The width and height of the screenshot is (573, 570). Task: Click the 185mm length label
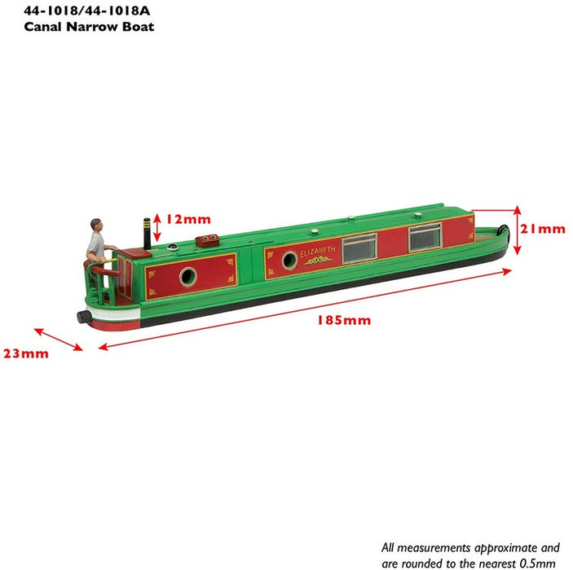coord(343,320)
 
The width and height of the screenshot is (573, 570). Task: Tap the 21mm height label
coord(542,229)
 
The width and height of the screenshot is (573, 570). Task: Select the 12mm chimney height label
coord(187,218)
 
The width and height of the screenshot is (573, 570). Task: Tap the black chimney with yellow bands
coord(148,234)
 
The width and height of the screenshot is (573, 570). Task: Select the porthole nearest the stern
coord(187,277)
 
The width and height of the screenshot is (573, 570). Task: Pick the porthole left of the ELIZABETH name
coord(289,260)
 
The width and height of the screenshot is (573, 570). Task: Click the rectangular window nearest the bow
coord(425,236)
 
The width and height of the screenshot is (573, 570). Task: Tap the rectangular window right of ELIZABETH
coord(359,248)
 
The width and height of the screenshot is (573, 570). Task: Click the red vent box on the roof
coord(209,239)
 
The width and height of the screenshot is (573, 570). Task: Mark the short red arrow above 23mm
coord(58,340)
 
